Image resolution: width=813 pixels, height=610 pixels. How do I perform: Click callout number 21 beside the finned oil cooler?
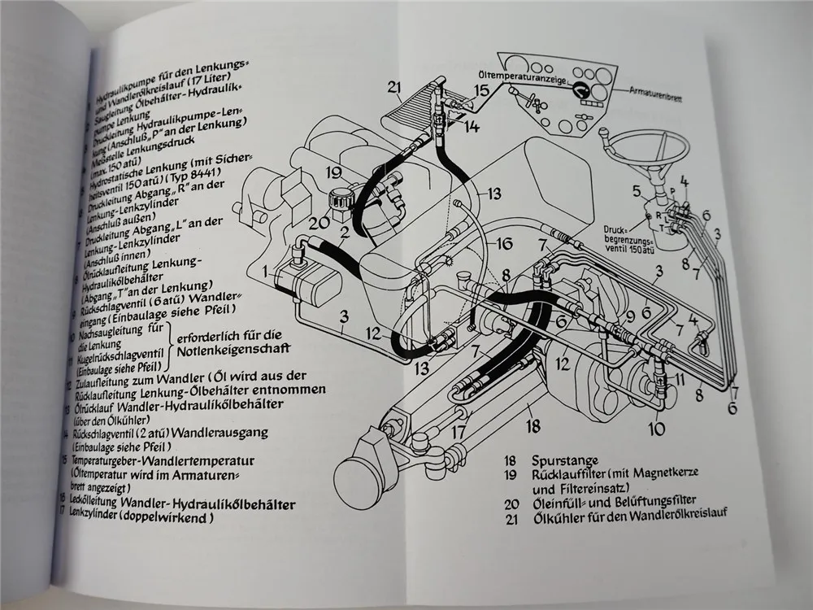(x=395, y=88)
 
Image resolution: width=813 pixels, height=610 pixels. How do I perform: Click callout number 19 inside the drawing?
(x=333, y=172)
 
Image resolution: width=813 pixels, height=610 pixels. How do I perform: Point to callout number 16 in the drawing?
(x=504, y=243)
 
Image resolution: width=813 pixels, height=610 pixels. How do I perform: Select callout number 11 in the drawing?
(x=680, y=379)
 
